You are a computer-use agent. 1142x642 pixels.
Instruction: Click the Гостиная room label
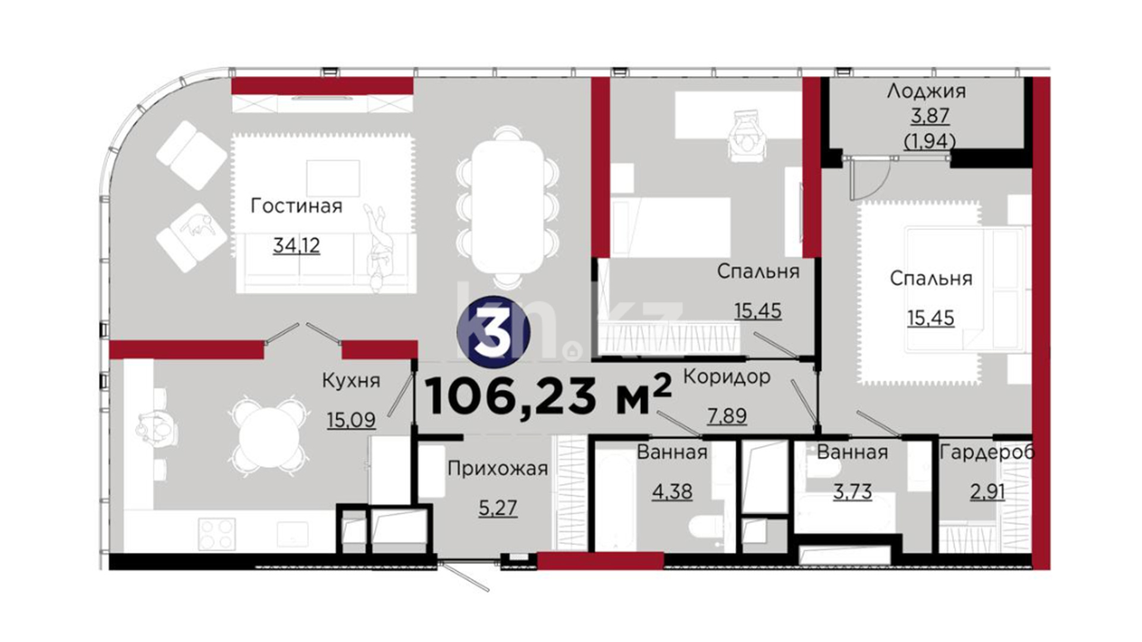click(296, 206)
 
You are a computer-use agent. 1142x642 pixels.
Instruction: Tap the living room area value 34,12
click(296, 245)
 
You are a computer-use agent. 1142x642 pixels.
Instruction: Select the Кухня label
click(351, 380)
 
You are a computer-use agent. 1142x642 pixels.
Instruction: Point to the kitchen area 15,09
click(351, 420)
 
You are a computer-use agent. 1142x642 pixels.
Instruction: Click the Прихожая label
click(498, 469)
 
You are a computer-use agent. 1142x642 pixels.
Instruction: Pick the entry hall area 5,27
click(498, 508)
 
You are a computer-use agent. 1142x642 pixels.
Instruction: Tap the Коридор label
click(727, 377)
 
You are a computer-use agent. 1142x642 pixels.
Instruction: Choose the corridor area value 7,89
click(727, 416)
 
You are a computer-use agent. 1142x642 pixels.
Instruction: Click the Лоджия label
click(926, 92)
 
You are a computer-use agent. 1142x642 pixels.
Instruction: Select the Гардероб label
click(987, 453)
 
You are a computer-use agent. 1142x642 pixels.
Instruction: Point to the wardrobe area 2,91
click(987, 492)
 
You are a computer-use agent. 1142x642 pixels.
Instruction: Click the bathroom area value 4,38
click(672, 492)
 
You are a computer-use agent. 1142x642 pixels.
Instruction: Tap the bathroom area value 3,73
click(852, 492)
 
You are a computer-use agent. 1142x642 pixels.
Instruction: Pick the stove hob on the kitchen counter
click(217, 533)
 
